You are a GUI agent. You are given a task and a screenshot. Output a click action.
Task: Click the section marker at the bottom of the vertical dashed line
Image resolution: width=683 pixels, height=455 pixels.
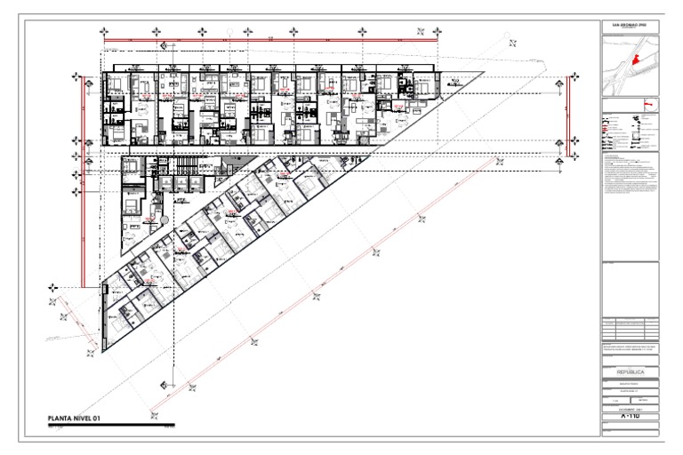[x=164, y=386]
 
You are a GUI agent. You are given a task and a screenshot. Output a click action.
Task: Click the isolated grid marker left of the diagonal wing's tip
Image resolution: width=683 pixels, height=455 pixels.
[x=54, y=287]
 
